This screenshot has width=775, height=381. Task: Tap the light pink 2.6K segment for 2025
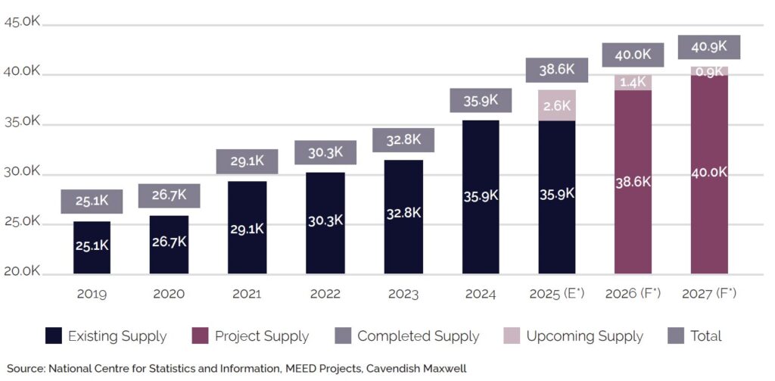[557, 105]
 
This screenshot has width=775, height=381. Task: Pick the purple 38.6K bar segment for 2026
[633, 182]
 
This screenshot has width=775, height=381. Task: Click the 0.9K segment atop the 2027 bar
[709, 71]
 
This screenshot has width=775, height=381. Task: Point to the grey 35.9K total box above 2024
[481, 100]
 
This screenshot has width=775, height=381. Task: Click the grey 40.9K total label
[709, 47]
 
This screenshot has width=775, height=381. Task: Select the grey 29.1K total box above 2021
[247, 161]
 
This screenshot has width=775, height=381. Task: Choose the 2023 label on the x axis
[403, 294]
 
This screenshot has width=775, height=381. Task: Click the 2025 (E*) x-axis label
[557, 294]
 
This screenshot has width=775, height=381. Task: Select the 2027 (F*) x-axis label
[709, 294]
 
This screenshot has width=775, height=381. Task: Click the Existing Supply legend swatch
[53, 336]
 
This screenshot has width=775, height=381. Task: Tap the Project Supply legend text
[262, 336]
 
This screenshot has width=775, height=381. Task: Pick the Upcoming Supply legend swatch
[512, 336]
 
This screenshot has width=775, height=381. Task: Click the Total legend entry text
[706, 336]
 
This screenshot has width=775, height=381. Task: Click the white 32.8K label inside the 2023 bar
[403, 213]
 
